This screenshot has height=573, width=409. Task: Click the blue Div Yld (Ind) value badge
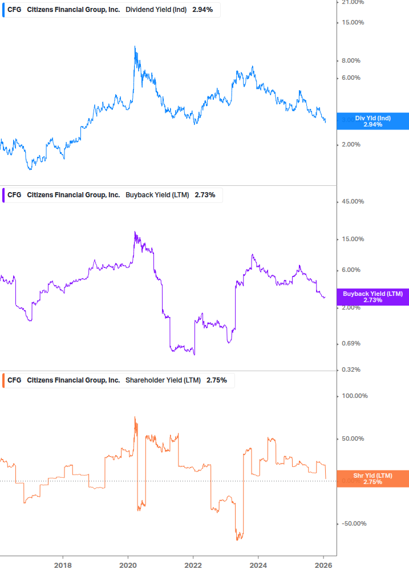tap(373, 121)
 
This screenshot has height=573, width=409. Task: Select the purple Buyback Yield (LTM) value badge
tap(373, 297)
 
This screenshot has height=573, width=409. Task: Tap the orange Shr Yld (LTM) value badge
tap(373, 478)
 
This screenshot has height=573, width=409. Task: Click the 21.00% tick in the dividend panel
tap(353, 3)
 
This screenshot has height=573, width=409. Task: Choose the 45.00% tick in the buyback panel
tap(353, 202)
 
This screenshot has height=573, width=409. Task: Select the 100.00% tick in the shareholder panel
tap(354, 396)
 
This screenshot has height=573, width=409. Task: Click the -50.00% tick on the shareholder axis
tap(354, 524)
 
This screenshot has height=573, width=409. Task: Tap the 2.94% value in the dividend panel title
tap(202, 10)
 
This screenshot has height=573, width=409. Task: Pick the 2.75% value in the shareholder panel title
tap(216, 380)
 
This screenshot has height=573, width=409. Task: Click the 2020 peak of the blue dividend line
tap(135, 46)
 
